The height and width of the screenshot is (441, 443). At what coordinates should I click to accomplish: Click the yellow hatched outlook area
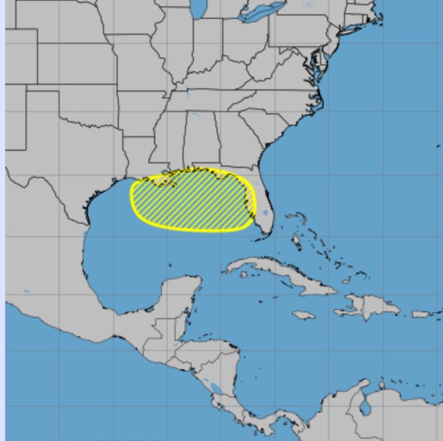pos(190,199)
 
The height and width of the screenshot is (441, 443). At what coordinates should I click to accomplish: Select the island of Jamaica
pos(303,315)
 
